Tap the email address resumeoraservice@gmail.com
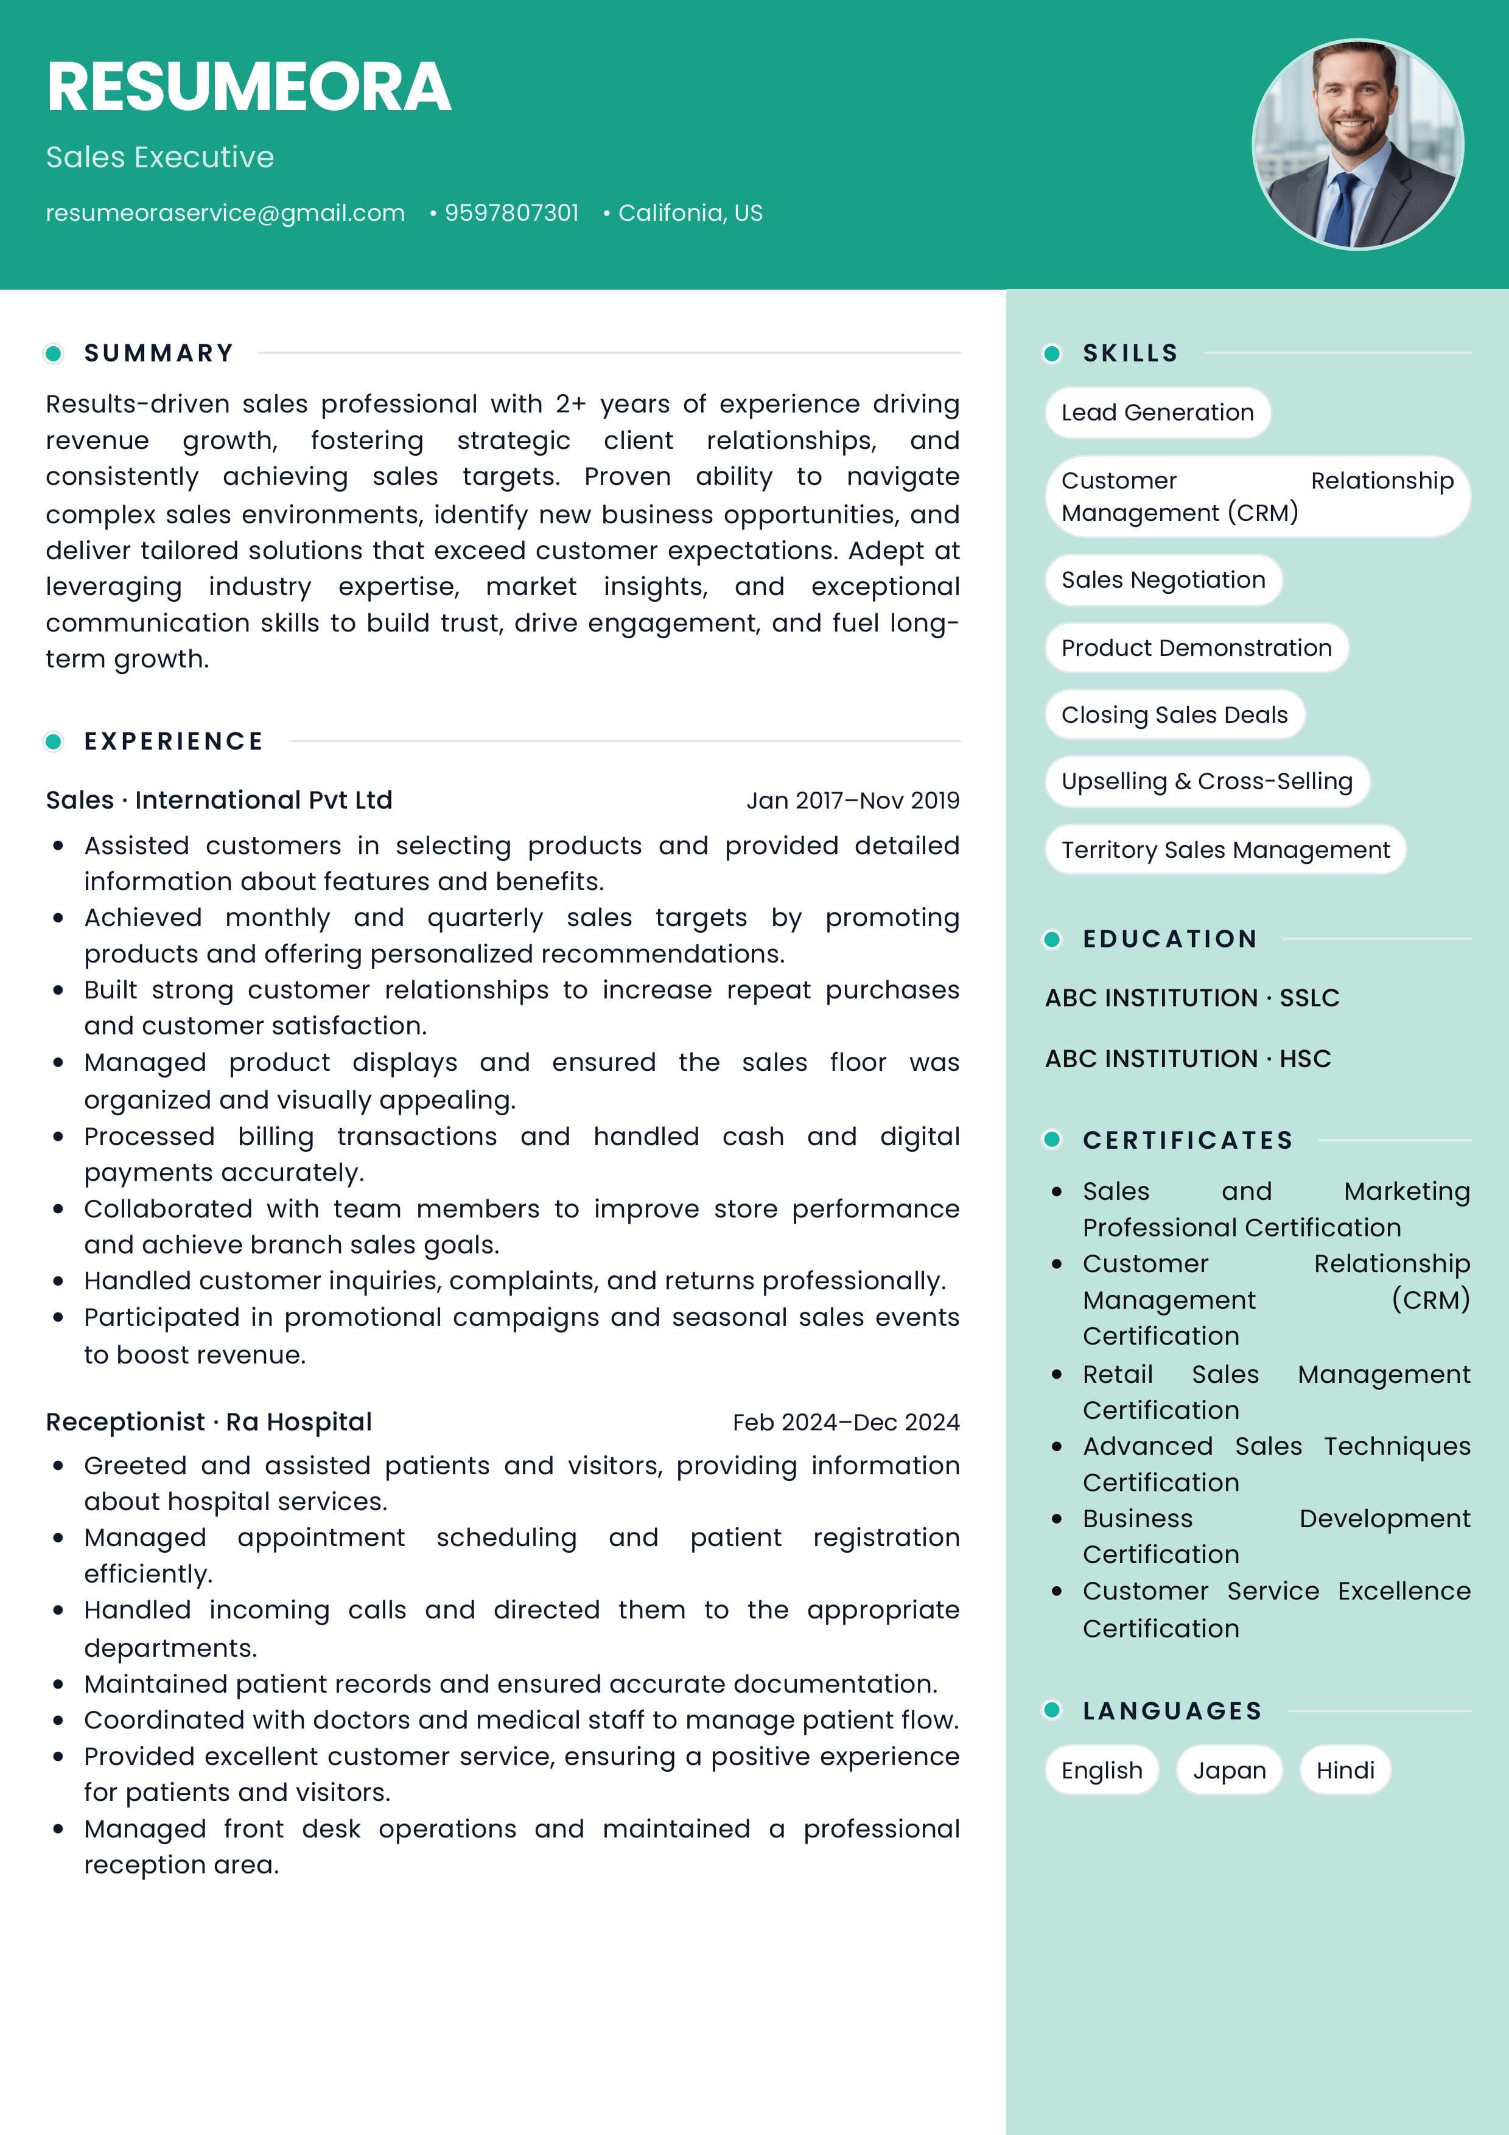pyautogui.click(x=225, y=213)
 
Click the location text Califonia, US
pyautogui.click(x=690, y=213)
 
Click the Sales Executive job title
pyautogui.click(x=160, y=157)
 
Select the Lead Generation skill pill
pyautogui.click(x=1157, y=412)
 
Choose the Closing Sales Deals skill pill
pyautogui.click(x=1174, y=714)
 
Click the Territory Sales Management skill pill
pyautogui.click(x=1225, y=849)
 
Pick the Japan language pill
pyautogui.click(x=1229, y=1769)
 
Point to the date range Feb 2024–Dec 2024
pyautogui.click(x=846, y=1422)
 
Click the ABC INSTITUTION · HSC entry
pyautogui.click(x=1187, y=1058)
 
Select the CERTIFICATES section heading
pyautogui.click(x=1187, y=1140)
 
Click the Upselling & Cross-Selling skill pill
pyautogui.click(x=1206, y=781)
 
